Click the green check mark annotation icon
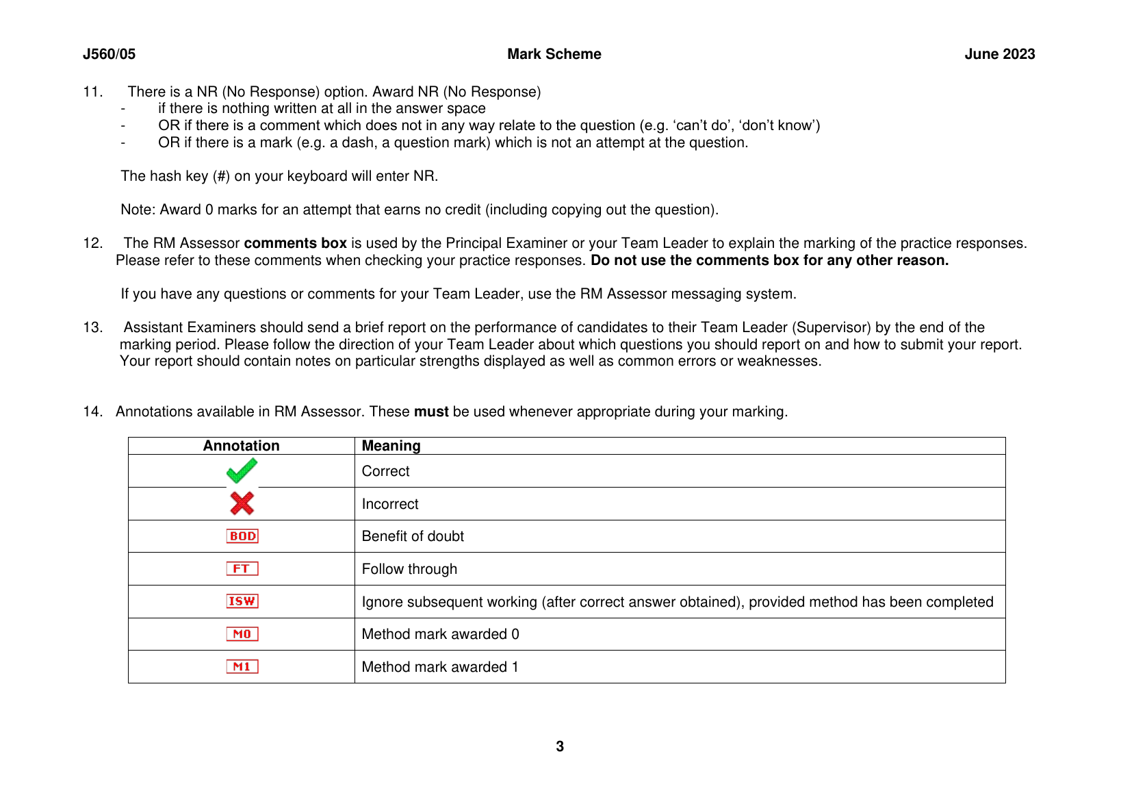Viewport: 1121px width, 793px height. pyautogui.click(x=242, y=470)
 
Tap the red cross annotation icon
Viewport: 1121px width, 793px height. pyautogui.click(x=242, y=503)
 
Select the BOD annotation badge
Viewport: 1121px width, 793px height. pyautogui.click(x=242, y=536)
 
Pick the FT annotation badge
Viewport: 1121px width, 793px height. pyautogui.click(x=242, y=568)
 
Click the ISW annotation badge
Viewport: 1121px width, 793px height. pyautogui.click(x=242, y=601)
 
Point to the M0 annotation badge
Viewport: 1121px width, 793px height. pyautogui.click(x=242, y=634)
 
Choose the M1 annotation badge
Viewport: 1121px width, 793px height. pyautogui.click(x=242, y=666)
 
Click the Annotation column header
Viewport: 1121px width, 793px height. pyautogui.click(x=242, y=446)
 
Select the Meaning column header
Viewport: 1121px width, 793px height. pyautogui.click(x=391, y=446)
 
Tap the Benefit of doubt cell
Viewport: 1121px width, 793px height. pyautogui.click(x=413, y=536)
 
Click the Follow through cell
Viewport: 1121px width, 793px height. pyautogui.click(x=409, y=569)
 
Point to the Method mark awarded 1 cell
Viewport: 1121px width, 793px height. pyautogui.click(x=440, y=667)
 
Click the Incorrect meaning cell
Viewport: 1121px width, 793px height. pyautogui.click(x=390, y=504)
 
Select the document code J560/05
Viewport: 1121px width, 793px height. pyautogui.click(x=109, y=54)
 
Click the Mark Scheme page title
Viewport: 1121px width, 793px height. pyautogui.click(x=554, y=54)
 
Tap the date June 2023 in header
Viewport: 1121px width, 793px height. pyautogui.click(x=999, y=54)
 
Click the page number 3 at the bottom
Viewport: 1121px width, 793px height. pyautogui.click(x=560, y=746)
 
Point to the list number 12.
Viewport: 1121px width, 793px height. pyautogui.click(x=92, y=243)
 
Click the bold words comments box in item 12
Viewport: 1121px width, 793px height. pyautogui.click(x=295, y=243)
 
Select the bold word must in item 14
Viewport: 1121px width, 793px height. pyautogui.click(x=431, y=412)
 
